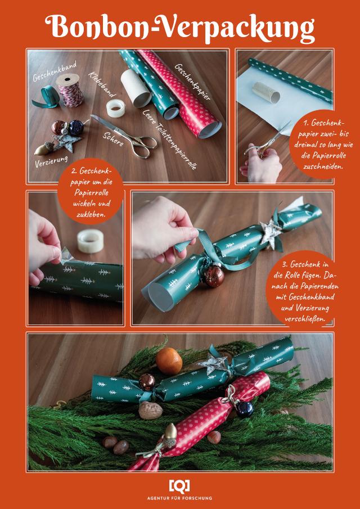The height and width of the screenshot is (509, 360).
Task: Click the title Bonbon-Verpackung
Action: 180,29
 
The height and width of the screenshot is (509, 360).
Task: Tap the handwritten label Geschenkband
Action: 55,71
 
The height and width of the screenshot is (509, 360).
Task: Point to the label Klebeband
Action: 101,85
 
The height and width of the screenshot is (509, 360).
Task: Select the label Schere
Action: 113,140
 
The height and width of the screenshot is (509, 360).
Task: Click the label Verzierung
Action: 51,161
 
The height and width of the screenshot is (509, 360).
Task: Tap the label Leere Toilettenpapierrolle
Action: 169,139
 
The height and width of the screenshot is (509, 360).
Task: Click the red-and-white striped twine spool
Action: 69,90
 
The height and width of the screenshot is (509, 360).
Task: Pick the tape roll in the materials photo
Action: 116,108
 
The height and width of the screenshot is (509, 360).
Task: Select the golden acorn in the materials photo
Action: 43,148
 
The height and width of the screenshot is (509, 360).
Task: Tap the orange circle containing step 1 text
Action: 323,144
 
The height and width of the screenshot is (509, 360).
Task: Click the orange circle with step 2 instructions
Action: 90,191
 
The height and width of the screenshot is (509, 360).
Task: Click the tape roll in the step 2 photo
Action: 90,241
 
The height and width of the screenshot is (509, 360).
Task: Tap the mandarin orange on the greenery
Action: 169,361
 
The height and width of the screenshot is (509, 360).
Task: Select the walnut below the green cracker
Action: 150,410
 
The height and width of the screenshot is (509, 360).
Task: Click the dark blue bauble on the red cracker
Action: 245,409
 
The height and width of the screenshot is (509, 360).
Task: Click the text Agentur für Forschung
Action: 179,498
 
